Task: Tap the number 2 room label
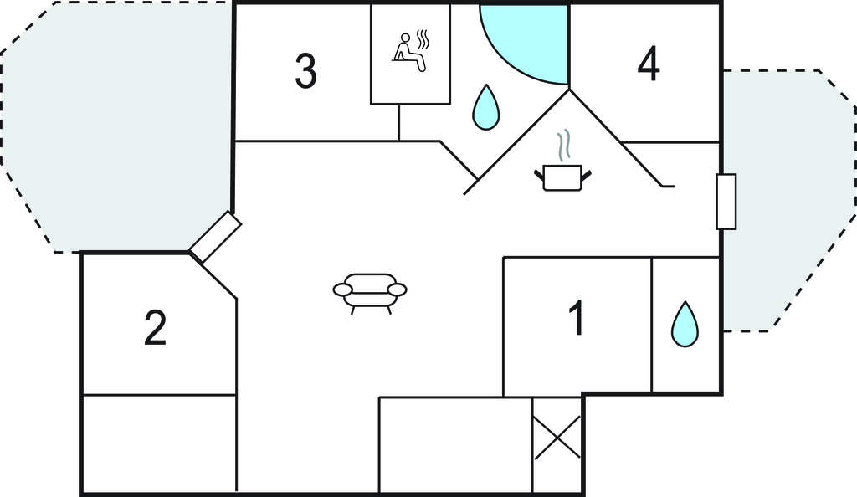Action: click(155, 328)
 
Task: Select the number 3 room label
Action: click(305, 70)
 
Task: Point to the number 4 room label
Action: click(649, 64)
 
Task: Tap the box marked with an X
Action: click(557, 438)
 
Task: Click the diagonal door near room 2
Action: click(215, 238)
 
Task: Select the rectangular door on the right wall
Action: click(726, 202)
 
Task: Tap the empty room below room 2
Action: click(160, 443)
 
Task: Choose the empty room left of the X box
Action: click(455, 444)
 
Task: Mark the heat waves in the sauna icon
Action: click(423, 39)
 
